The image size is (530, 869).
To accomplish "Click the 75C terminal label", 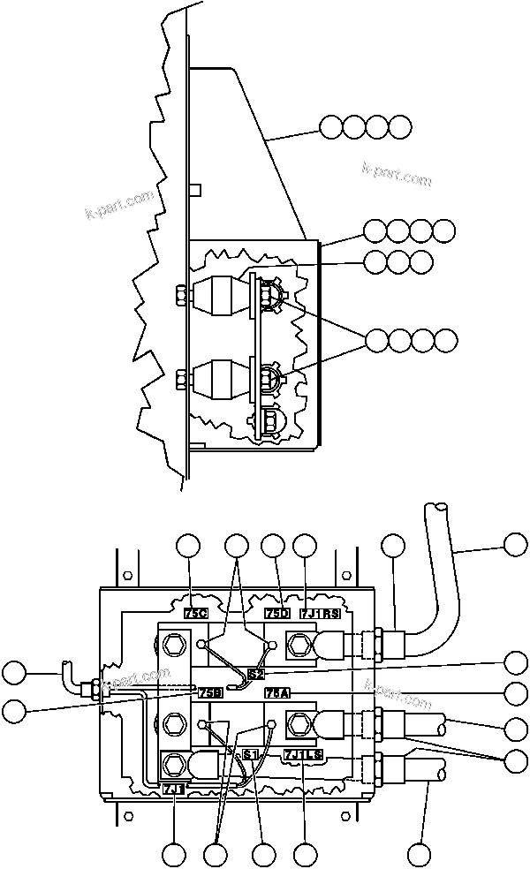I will click(x=195, y=612).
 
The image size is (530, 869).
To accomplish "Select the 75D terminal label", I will click(x=277, y=612).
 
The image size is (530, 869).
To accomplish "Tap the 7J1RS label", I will click(x=320, y=612).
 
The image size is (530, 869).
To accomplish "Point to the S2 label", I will click(x=257, y=674).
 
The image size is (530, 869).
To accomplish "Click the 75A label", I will click(x=277, y=692).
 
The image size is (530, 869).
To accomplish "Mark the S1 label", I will click(x=251, y=753).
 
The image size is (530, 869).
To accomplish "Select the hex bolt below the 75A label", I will click(x=297, y=726).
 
